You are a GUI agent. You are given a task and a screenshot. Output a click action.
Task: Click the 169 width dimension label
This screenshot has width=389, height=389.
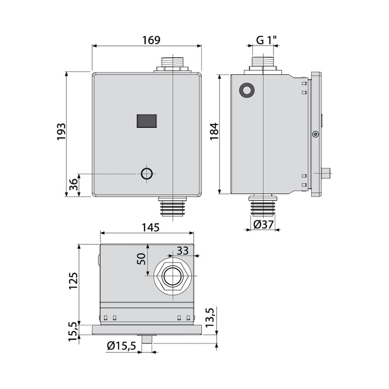tap(151, 40)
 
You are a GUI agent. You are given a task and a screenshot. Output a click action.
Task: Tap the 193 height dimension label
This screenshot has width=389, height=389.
tap(61, 132)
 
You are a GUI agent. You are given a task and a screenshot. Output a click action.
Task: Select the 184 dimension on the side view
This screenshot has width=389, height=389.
tap(214, 131)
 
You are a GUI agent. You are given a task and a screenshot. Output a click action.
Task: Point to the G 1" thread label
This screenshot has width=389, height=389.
tap(266, 40)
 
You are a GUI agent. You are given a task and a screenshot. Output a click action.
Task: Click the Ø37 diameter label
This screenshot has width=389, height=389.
tap(263, 224)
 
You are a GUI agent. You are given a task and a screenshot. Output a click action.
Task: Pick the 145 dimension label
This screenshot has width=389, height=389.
tap(150, 228)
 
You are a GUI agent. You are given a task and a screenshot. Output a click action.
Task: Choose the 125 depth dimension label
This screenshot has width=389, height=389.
tap(73, 280)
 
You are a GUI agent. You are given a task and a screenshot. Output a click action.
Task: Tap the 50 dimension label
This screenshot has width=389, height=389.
tap(142, 259)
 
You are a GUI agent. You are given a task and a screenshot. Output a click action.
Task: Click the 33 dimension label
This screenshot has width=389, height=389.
tap(182, 251)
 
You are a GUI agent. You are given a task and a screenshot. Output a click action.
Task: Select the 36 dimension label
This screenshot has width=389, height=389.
tap(74, 184)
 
